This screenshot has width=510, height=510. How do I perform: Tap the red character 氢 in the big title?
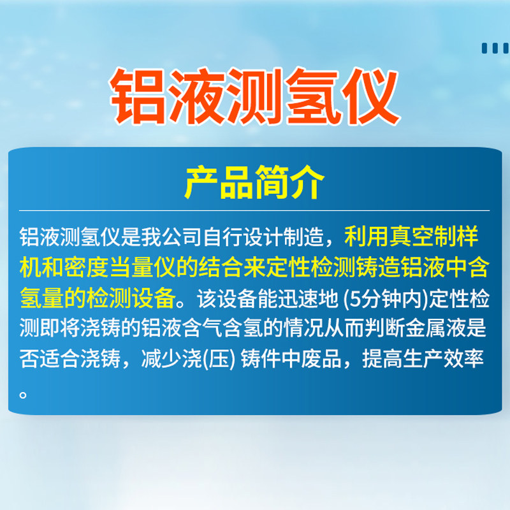pos(314,96)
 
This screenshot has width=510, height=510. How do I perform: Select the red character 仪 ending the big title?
pos(372,96)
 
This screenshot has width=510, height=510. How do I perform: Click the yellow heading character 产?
pos(201,182)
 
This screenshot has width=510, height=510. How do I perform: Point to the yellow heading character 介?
pos(307,182)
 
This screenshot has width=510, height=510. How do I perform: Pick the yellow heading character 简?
pos(272,182)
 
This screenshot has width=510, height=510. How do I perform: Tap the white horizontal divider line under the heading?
pos(254,211)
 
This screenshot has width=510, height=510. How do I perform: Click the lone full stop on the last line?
pos(23,395)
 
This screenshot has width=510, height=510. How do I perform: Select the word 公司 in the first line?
pos(182,237)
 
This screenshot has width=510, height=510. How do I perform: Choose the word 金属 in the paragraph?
pos(425,328)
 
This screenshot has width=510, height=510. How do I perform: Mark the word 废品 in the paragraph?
pos(321,359)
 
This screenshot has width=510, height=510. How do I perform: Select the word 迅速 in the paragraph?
pos(298,299)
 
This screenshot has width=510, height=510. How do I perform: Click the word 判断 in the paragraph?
pos(384,328)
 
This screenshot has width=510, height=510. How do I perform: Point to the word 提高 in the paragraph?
pos(382,359)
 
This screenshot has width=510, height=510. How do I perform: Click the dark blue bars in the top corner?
pos(496,48)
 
